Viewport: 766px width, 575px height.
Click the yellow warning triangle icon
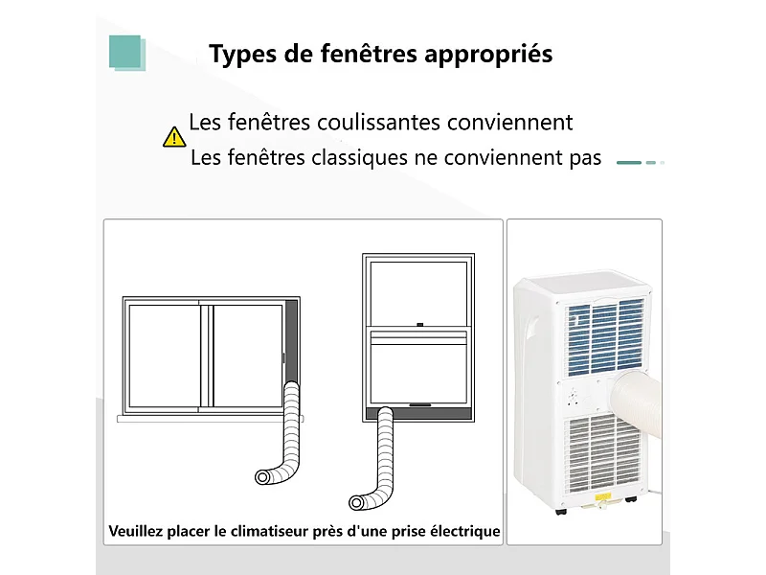[174, 136]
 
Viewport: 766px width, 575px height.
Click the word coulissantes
[353, 123]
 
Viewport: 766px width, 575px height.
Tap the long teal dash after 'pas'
[629, 163]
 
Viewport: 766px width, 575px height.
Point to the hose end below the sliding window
[264, 476]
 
